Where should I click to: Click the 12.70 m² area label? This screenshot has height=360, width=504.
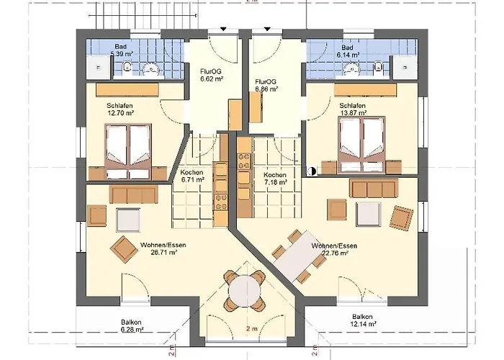coord(120,113)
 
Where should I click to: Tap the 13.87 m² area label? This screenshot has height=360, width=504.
coord(354,113)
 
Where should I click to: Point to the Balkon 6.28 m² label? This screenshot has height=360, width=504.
coord(132,325)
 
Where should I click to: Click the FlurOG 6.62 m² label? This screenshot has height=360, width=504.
coord(212,75)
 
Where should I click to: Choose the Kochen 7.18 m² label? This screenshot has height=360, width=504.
coord(275,179)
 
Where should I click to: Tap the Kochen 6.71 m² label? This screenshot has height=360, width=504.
coord(192,176)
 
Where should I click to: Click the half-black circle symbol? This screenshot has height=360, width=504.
coord(312,171)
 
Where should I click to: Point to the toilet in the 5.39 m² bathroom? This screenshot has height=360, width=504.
coord(127,67)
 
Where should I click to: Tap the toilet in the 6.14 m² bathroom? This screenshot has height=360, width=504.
coord(379,67)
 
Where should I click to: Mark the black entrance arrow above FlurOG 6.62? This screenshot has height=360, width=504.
coord(223,30)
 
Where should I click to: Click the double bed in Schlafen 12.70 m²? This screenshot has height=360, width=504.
coord(128,151)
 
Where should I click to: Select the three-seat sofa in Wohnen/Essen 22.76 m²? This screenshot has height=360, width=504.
coord(374,189)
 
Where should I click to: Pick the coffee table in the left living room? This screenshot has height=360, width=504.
coord(128,220)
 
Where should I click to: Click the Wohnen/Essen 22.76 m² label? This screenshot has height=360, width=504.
coord(334,249)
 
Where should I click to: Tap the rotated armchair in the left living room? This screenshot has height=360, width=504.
coord(124,249)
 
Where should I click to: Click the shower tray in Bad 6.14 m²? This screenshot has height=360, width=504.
coord(405,67)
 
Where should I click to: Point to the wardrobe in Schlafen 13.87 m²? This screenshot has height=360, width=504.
coord(365,90)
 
